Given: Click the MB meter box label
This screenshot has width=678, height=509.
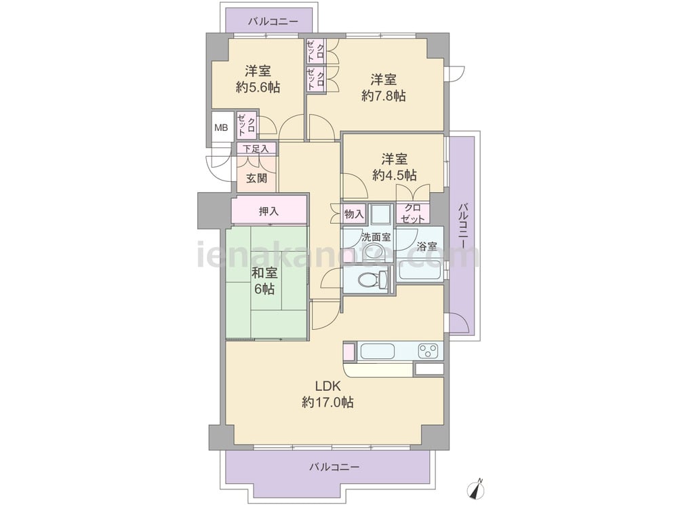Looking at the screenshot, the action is [221, 128].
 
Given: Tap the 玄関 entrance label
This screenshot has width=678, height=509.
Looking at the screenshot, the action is [256, 178].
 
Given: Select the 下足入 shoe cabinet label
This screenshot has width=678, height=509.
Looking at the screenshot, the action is [256, 149].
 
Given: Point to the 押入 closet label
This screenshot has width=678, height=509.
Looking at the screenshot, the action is [268, 211].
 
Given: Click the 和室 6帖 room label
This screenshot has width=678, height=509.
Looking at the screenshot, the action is [264, 281].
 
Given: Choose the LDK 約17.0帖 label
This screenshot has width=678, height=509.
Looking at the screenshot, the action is [327, 394].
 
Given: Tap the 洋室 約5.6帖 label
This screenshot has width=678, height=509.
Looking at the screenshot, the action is [258, 79].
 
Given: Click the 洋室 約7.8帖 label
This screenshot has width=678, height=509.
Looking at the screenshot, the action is [384, 88].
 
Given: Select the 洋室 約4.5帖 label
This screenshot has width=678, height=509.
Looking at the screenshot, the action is [395, 167].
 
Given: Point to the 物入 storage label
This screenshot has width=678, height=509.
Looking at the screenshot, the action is [354, 214].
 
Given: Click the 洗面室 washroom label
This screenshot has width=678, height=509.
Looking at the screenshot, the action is [376, 237].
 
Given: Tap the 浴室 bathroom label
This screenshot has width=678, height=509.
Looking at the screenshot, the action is [426, 247].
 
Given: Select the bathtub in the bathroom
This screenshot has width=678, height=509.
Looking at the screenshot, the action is [420, 270].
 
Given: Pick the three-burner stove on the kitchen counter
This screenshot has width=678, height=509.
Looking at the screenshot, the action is [428, 351].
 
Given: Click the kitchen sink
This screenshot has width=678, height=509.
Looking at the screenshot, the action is [378, 351].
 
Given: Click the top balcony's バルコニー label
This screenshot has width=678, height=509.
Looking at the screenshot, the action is [273, 21].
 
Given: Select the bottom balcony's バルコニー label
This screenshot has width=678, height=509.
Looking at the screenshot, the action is [334, 467].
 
